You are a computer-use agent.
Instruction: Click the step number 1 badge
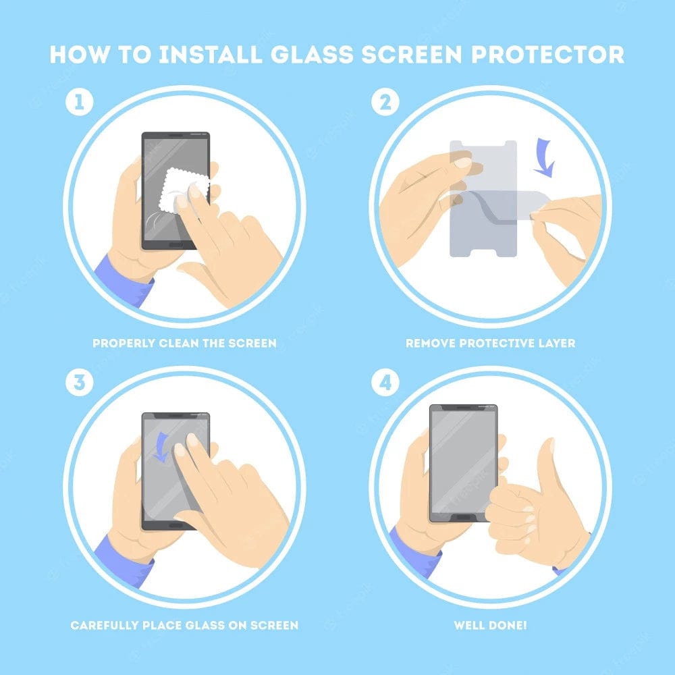[x=79, y=103]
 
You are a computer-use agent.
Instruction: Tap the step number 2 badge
[x=385, y=103]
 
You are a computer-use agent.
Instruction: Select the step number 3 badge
[x=79, y=383]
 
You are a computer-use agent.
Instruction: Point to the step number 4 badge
[x=385, y=383]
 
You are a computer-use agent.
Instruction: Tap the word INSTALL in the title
[x=208, y=55]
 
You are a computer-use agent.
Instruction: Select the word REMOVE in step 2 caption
[x=431, y=343]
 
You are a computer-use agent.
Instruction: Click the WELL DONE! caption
[x=490, y=625]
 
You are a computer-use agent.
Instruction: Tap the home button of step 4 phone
[x=464, y=516]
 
